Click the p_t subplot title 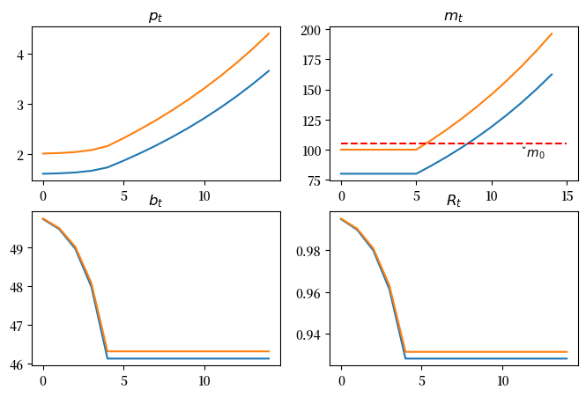tap(156, 17)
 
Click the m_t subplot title tap(455, 17)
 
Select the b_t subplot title tap(156, 202)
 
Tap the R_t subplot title tap(455, 202)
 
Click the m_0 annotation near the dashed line tap(533, 154)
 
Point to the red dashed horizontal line tap(397, 143)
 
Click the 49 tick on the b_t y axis tap(19, 248)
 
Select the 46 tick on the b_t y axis tap(19, 363)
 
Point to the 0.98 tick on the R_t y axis tap(310, 251)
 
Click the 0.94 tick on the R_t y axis tap(310, 335)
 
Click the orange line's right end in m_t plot tap(552, 33)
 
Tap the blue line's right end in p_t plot tap(269, 70)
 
